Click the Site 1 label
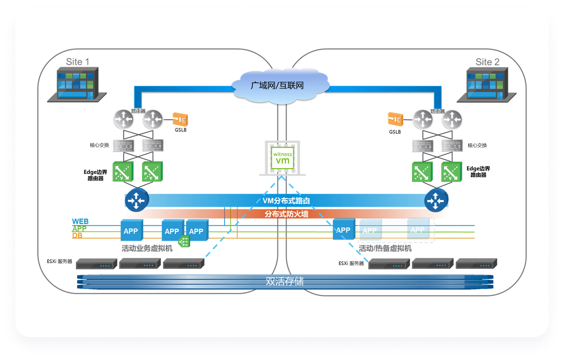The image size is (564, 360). click(77, 62)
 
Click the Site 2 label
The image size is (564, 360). click(487, 62)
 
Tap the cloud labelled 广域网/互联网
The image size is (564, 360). click(277, 85)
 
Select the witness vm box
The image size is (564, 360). click(282, 157)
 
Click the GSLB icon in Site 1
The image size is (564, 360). click(180, 120)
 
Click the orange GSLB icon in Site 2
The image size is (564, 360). click(395, 119)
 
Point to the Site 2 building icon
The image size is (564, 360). click(487, 85)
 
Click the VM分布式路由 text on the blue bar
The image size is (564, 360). click(286, 201)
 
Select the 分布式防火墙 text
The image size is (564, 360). click(287, 214)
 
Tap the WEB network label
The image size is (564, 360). click(80, 221)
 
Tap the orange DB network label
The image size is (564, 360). click(77, 236)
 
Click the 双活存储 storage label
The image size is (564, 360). click(285, 281)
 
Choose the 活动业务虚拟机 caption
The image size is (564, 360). click(147, 249)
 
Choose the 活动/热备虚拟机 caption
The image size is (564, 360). click(385, 249)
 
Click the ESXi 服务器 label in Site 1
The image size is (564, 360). click(59, 262)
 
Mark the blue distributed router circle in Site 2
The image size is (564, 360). click(435, 200)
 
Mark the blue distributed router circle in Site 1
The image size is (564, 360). click(136, 200)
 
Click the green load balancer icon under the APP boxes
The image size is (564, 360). click(184, 241)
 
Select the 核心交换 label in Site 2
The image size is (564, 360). click(477, 145)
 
